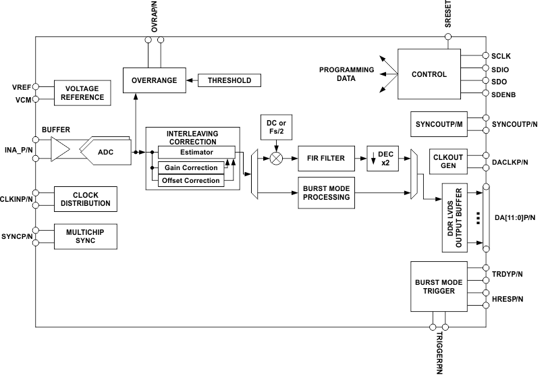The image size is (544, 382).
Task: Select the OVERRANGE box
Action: tap(154, 80)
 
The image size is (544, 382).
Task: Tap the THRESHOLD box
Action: tap(229, 80)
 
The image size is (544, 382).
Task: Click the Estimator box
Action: tap(196, 152)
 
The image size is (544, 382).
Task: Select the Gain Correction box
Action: tap(192, 167)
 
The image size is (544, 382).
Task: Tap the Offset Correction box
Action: tap(190, 180)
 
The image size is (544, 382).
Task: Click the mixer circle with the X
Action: tap(276, 159)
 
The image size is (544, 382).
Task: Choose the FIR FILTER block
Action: tap(326, 159)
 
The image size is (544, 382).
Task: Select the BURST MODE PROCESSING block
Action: tap(326, 192)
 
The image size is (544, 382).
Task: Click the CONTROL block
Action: tap(429, 74)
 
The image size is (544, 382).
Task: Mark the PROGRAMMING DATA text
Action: tap(346, 74)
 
